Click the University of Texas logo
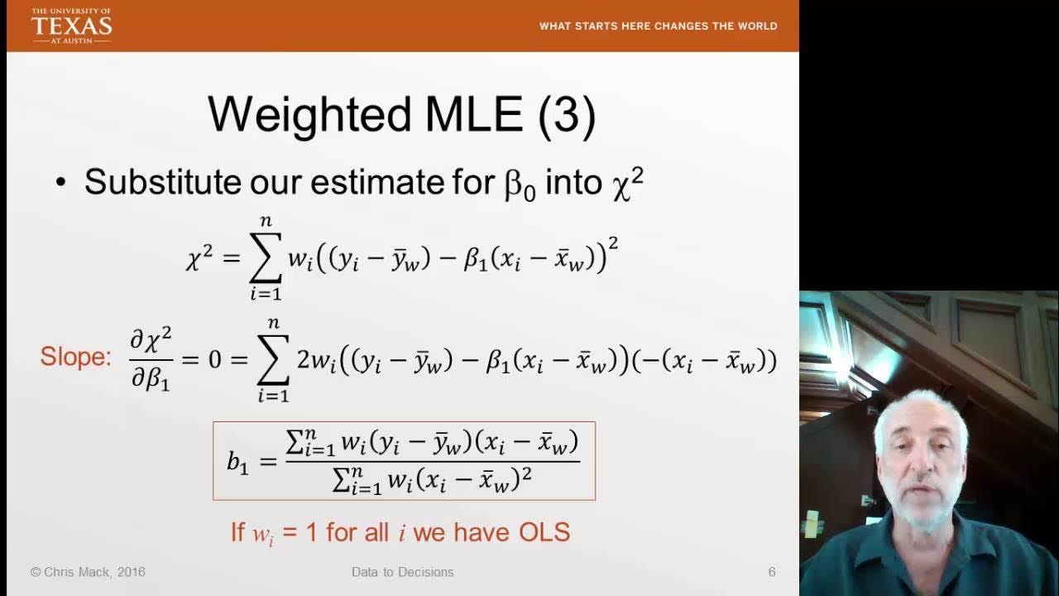pos(71,26)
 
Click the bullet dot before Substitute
pos(60,183)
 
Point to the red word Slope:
pos(75,357)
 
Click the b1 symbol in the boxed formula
pos(237,462)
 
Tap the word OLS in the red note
pos(544,532)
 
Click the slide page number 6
pos(772,572)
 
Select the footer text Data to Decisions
pos(402,572)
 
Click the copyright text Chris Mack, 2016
pos(88,572)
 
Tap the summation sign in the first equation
pos(266,257)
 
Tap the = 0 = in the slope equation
pos(214,360)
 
